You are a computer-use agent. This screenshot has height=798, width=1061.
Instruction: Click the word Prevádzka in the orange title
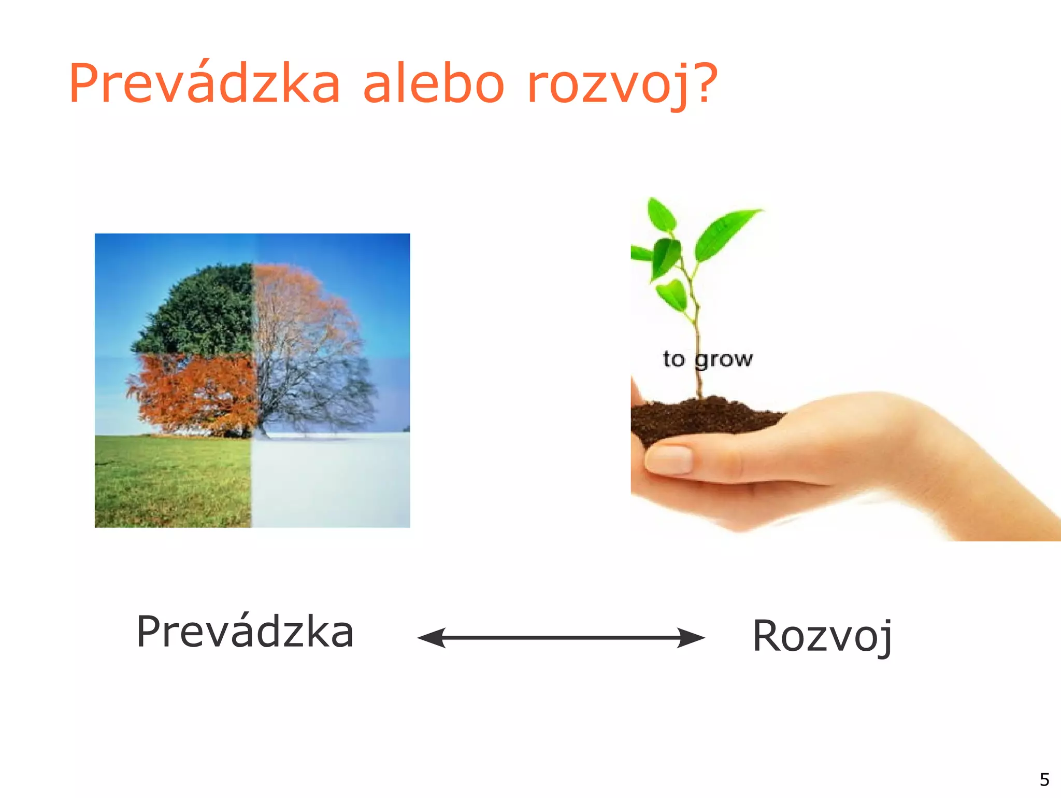point(204,83)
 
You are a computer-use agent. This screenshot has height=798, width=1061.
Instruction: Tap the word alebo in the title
point(433,83)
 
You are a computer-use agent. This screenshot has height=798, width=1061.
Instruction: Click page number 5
point(1044,779)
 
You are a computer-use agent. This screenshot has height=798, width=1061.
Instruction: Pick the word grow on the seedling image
point(724,359)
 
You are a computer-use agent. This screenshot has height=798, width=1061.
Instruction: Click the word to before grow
point(673,359)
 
